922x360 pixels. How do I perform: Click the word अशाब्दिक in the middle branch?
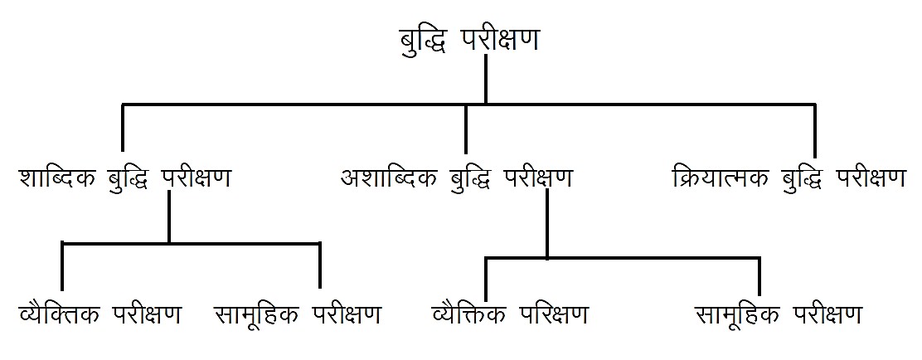pyautogui.click(x=388, y=178)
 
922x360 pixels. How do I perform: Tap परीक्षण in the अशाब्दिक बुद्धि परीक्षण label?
pyautogui.click(x=538, y=178)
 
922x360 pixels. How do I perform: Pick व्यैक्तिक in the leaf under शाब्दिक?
pyautogui.click(x=57, y=314)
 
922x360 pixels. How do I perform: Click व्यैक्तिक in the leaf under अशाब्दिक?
pyautogui.click(x=471, y=314)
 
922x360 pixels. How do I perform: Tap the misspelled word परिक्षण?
pyautogui.click(x=555, y=314)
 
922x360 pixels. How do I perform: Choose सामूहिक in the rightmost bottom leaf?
pyautogui.click(x=738, y=314)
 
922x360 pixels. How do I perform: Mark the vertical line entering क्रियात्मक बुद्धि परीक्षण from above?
pyautogui.click(x=815, y=129)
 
